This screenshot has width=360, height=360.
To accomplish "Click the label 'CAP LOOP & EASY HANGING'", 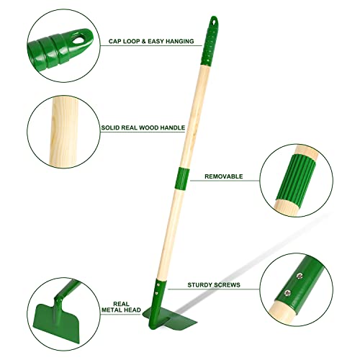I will (x=150, y=42).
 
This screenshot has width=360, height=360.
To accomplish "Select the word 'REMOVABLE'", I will (x=223, y=176).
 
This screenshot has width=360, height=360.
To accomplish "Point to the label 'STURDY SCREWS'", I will (x=215, y=284).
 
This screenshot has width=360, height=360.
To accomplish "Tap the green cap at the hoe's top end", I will (x=211, y=33).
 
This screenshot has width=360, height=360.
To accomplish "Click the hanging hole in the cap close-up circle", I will (x=85, y=35).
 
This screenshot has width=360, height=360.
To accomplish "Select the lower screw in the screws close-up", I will (x=288, y=292).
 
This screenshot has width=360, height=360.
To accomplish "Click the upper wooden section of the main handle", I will (x=193, y=108).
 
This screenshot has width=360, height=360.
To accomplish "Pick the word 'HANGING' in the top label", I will (x=177, y=42).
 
